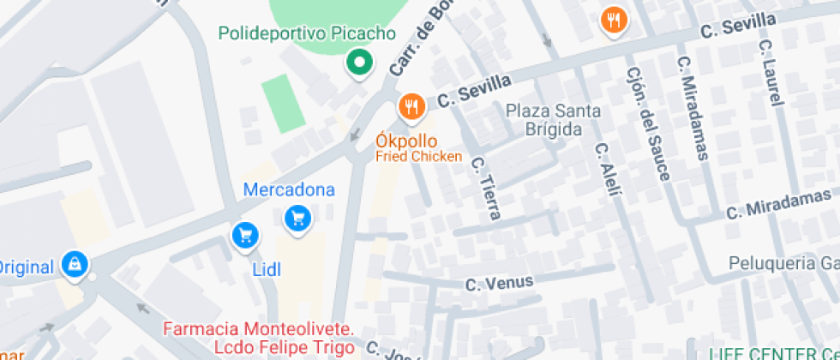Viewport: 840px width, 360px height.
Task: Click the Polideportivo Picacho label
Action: point(307,34)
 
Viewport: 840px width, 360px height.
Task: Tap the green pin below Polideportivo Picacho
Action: point(358,63)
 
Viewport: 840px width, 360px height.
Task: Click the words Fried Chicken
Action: point(419,156)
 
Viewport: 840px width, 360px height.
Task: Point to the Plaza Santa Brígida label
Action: point(553,120)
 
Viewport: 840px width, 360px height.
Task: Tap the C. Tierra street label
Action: point(485,187)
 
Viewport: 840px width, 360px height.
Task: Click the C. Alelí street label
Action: point(607,169)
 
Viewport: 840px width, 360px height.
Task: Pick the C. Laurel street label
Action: point(771,72)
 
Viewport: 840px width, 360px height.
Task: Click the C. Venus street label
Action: point(499,282)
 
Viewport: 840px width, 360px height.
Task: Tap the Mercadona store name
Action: point(289,189)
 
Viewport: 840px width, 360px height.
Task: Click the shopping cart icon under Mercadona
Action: point(297,219)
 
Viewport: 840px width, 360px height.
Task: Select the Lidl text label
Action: point(267,269)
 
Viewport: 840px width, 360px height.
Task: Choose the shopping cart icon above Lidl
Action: point(245,235)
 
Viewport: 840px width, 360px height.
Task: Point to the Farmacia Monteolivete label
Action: point(258,329)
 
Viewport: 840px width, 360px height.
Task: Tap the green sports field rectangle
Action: point(282,103)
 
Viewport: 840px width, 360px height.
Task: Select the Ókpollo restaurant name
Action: point(406,141)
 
